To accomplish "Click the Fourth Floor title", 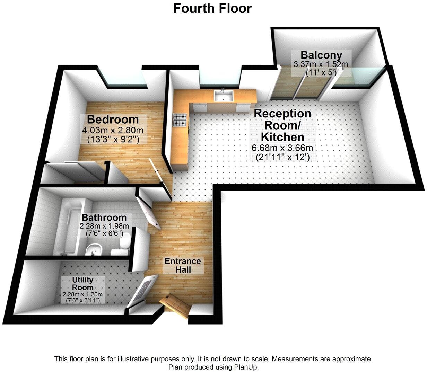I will [x=212, y=8].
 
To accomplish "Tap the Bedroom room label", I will [x=113, y=119].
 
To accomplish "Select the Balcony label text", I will [x=321, y=55].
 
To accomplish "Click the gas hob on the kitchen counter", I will [x=180, y=120].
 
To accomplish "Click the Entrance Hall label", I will [x=183, y=265].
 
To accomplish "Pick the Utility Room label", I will [x=82, y=283].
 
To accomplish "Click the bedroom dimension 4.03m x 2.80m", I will [x=113, y=131].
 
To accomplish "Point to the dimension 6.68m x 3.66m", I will [x=282, y=148].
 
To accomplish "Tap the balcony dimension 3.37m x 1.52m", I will [x=321, y=64].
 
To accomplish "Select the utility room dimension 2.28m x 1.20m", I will [x=83, y=294].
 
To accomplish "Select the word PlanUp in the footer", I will [x=246, y=367].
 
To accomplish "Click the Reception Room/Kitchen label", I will [x=282, y=125].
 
